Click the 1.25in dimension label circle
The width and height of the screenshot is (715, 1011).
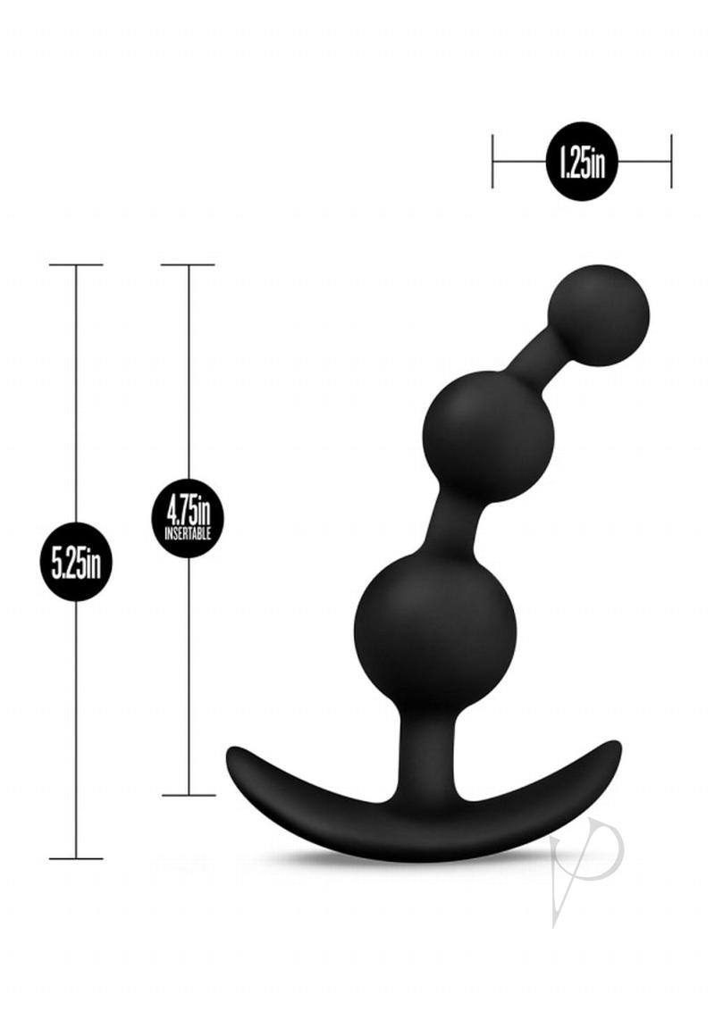click(582, 162)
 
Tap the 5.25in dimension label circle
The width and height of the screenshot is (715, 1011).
click(76, 562)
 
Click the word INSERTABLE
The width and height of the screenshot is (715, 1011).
click(188, 533)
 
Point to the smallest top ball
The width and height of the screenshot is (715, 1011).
click(598, 316)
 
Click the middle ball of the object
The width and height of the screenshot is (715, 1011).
click(489, 437)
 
